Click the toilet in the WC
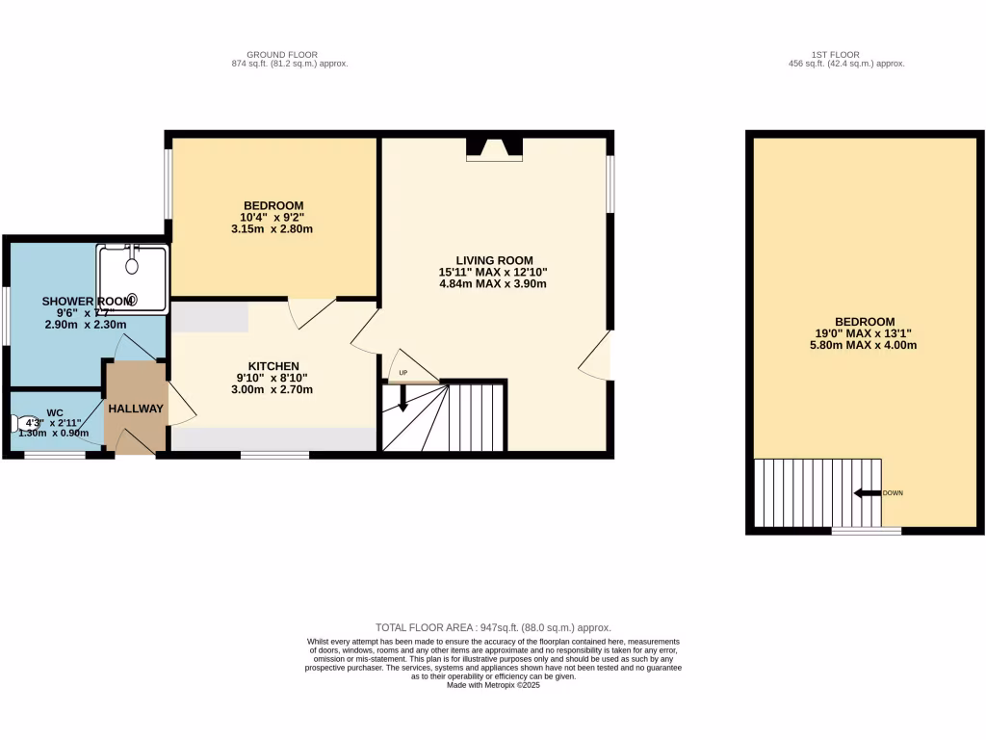point(23,423)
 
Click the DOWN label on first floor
point(893,493)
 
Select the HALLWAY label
point(136,409)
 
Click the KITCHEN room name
point(273,366)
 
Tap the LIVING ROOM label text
point(494,260)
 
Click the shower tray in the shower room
point(131,278)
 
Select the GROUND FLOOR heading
point(282,54)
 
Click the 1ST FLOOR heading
point(836,54)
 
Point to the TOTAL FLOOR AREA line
point(493,627)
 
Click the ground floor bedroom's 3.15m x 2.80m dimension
point(273,229)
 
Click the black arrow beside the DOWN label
point(867,493)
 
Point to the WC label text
point(54,411)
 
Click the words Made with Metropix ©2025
point(493,685)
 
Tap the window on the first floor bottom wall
point(867,530)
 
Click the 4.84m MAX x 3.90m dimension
point(493,284)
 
